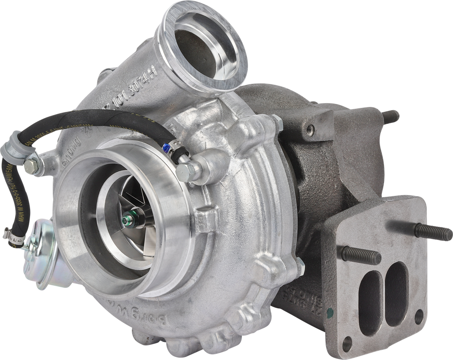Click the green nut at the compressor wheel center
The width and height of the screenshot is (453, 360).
click(x=129, y=218)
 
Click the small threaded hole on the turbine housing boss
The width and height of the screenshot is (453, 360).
click(x=310, y=129)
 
